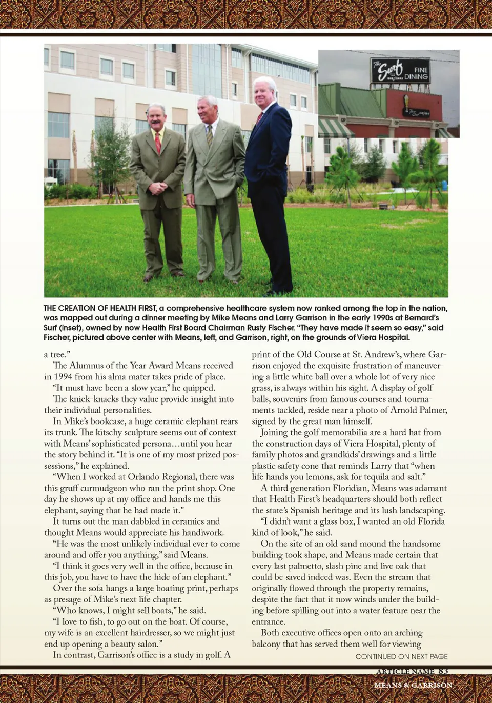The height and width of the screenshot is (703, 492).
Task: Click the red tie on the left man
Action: point(158,143)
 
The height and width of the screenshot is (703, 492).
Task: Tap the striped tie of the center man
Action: point(210,136)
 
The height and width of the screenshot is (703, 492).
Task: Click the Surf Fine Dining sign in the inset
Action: point(400,71)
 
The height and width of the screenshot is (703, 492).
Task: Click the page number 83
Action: point(443,671)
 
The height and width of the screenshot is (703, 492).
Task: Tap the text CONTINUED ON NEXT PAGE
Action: point(401,656)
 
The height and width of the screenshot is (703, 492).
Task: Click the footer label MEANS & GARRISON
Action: point(413,685)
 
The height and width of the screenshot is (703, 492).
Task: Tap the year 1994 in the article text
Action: point(63,376)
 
